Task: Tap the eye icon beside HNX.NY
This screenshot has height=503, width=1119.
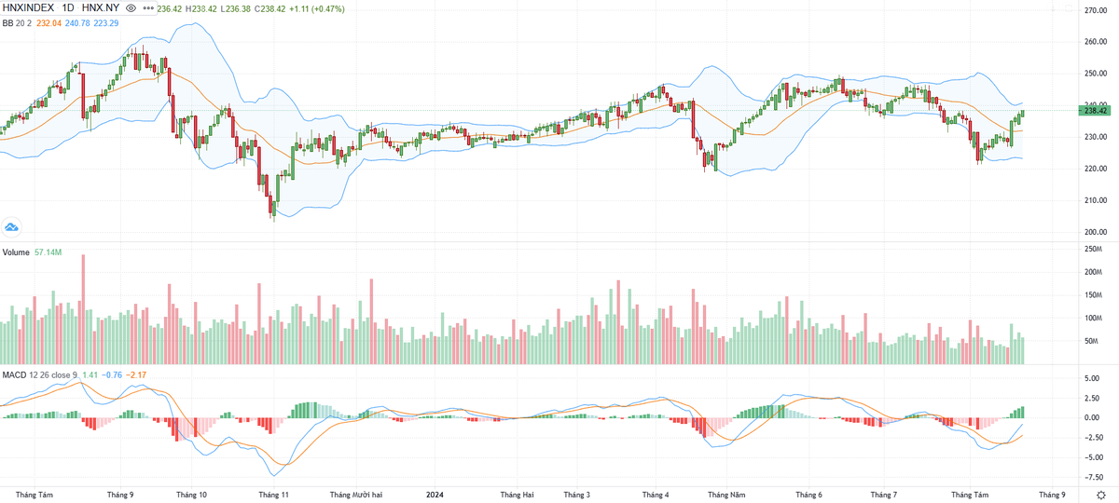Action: point(131,7)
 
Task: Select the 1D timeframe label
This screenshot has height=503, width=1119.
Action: point(68,7)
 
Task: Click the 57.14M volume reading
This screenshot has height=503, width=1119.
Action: point(48,252)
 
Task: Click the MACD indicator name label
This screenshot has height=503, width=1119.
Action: point(14,374)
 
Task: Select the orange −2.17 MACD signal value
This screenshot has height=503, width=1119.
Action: point(135,374)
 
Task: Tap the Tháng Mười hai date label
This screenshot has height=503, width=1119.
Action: point(357,495)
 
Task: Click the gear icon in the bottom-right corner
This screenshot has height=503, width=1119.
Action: point(1102,495)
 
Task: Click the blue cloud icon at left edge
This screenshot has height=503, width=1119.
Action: point(12,225)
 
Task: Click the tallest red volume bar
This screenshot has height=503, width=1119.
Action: point(84,308)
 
